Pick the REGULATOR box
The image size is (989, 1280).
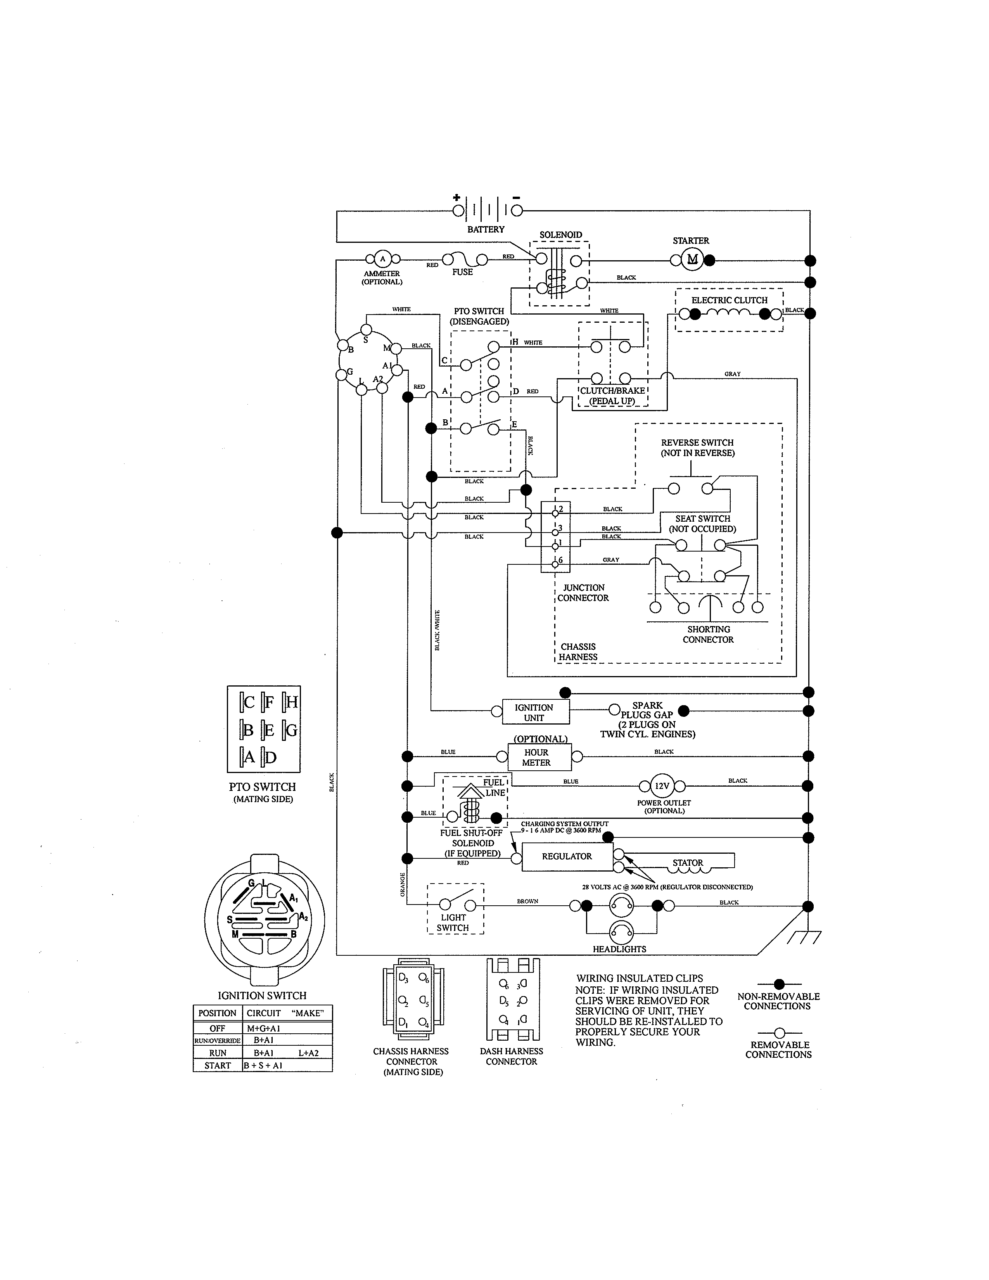pyautogui.click(x=567, y=856)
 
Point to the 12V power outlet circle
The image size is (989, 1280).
pyautogui.click(x=662, y=786)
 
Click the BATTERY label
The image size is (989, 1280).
pyautogui.click(x=486, y=229)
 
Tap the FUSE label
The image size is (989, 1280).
pyautogui.click(x=462, y=272)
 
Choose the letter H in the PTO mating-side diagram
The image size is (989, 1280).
pyautogui.click(x=291, y=702)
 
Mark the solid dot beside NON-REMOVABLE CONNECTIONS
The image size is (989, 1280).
pyautogui.click(x=779, y=984)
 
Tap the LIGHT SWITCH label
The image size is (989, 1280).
pyautogui.click(x=453, y=922)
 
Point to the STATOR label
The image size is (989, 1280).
pyautogui.click(x=687, y=863)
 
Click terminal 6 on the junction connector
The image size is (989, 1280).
pyautogui.click(x=555, y=564)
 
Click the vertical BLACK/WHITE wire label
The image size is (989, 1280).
pyautogui.click(x=437, y=630)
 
